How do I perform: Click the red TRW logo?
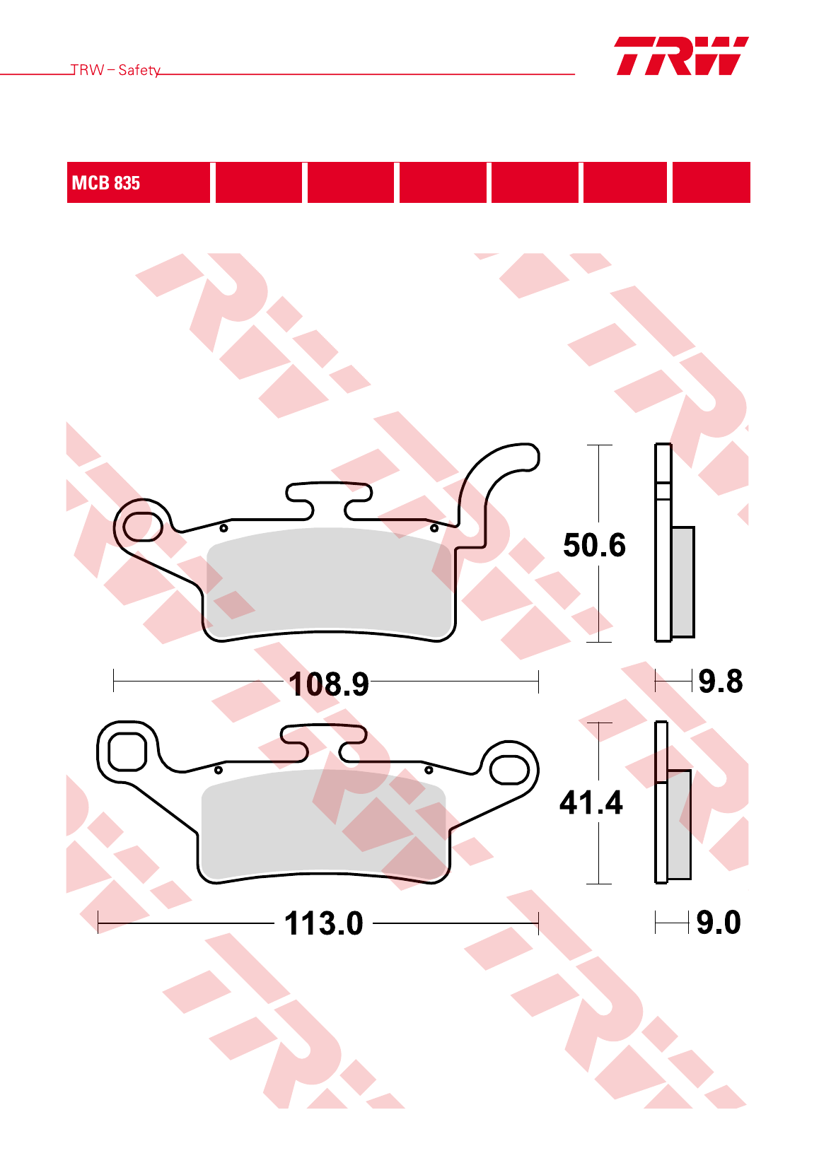coord(682,56)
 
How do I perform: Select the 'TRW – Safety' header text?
coord(115,70)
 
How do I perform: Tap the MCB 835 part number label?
coord(106,183)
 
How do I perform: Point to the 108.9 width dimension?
coord(329,684)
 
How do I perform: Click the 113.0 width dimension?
coord(324,923)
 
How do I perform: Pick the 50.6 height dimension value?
coord(595,545)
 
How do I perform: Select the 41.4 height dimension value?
coord(591,802)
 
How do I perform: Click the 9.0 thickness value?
coord(719,922)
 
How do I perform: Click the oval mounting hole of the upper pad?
coord(143,527)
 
